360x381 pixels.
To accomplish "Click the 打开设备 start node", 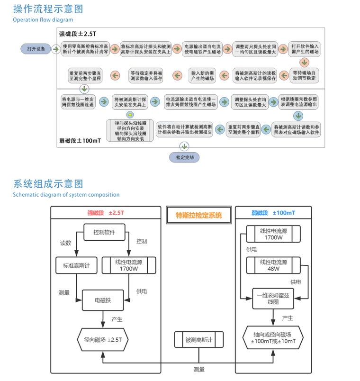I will coord(36,49).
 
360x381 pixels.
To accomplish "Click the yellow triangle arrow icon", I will coord(130,115).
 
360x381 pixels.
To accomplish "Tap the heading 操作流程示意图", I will coord(48,9).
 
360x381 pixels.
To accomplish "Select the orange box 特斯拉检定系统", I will coord(198,215).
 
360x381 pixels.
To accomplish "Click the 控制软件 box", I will coord(104,233).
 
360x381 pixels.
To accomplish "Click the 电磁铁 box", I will coord(103,300).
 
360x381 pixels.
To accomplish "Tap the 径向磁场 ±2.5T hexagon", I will coord(103,339).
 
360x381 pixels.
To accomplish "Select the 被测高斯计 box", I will coord(198,339).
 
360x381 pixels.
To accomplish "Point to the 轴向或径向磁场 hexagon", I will coord(273,338).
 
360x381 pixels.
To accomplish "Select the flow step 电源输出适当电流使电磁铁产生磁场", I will coord(202,49).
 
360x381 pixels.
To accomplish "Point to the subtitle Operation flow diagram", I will coord(43,20).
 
